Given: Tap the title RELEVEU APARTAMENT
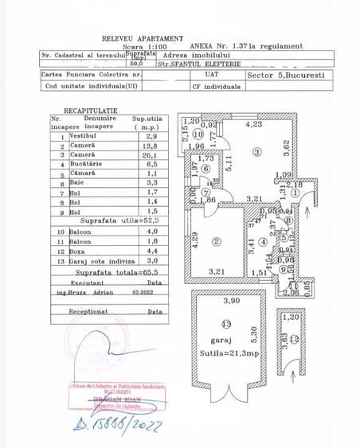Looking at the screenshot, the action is [143, 38].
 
